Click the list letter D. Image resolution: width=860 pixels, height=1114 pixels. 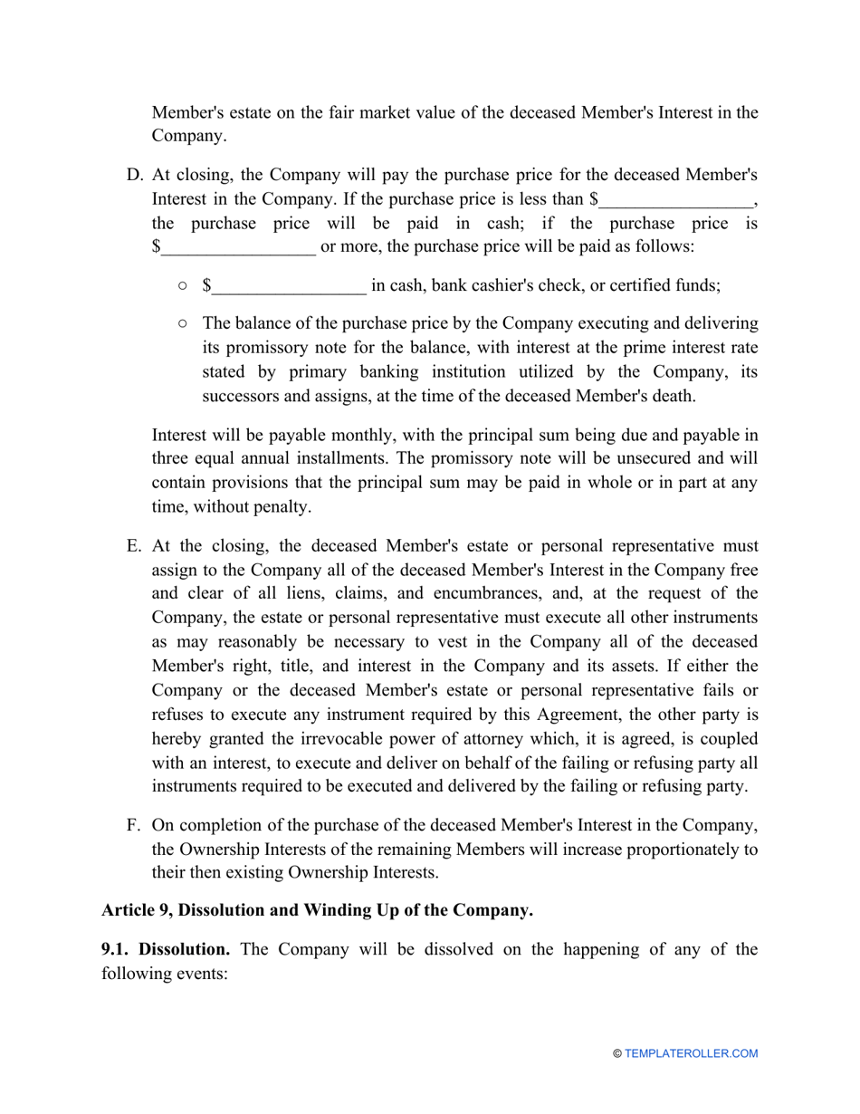pyautogui.click(x=132, y=175)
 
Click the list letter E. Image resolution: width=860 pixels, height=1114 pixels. pyautogui.click(x=133, y=546)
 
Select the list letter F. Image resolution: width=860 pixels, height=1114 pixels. pyautogui.click(x=133, y=824)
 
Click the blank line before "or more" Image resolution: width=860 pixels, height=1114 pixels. pyautogui.click(x=238, y=247)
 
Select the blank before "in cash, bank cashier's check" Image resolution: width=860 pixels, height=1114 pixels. pyautogui.click(x=289, y=287)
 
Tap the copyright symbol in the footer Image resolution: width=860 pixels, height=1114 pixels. pyautogui.click(x=617, y=1053)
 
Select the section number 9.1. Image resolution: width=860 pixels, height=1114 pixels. pyautogui.click(x=118, y=950)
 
